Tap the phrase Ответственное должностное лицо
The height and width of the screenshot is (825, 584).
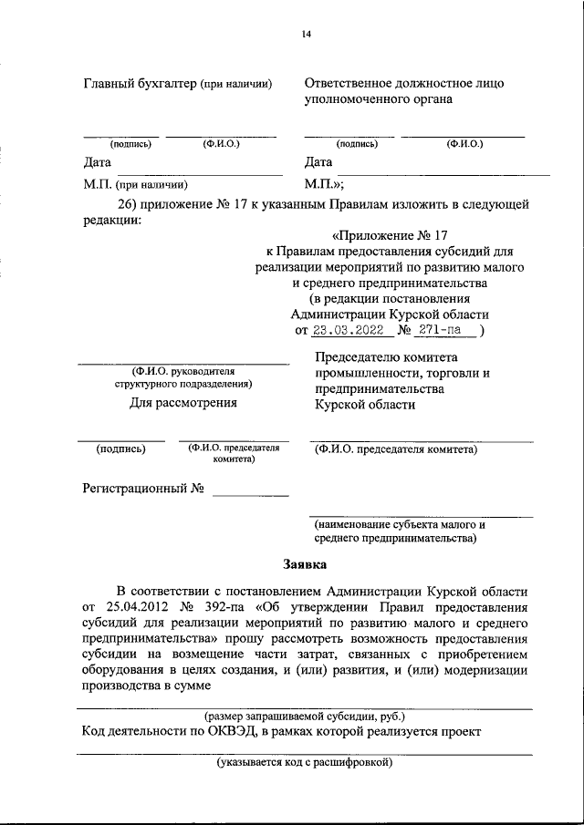[404, 84]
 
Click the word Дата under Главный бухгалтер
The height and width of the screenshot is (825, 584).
[98, 163]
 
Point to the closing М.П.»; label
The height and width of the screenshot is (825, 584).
[321, 183]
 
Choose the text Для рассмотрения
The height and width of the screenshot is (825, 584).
[183, 402]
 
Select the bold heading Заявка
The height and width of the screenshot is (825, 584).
[303, 564]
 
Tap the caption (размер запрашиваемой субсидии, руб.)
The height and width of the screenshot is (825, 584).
[305, 717]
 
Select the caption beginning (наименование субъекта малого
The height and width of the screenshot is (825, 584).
[399, 525]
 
